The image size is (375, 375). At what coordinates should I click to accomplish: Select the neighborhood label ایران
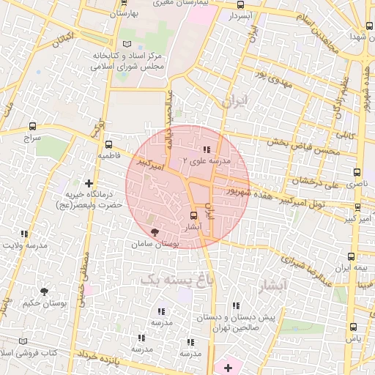click(234, 101)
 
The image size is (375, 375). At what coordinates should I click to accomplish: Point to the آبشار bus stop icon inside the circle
click(193, 216)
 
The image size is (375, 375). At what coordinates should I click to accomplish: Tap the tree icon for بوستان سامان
click(153, 231)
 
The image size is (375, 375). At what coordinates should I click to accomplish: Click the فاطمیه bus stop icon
click(108, 144)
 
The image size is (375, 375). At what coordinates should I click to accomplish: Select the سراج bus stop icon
click(31, 125)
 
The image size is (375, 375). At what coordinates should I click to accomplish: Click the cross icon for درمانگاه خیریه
click(89, 182)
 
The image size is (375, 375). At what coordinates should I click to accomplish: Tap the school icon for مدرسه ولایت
click(24, 234)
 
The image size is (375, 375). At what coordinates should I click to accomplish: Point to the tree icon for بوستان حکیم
click(44, 291)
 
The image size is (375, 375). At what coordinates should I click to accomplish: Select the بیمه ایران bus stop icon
click(351, 256)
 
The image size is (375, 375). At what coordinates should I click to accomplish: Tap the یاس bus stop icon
click(353, 327)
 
